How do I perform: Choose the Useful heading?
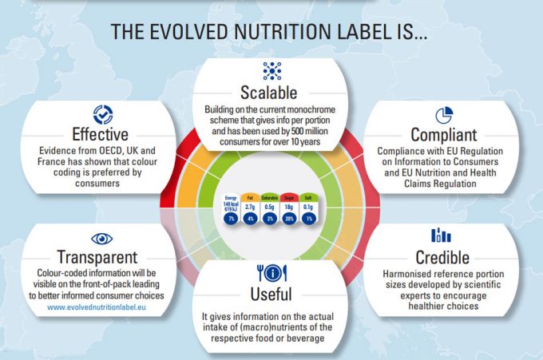point(272,294)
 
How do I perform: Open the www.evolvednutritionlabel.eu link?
point(101,307)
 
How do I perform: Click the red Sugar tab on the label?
point(287,196)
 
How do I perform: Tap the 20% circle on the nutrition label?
point(287,218)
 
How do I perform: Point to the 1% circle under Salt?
point(307,218)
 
